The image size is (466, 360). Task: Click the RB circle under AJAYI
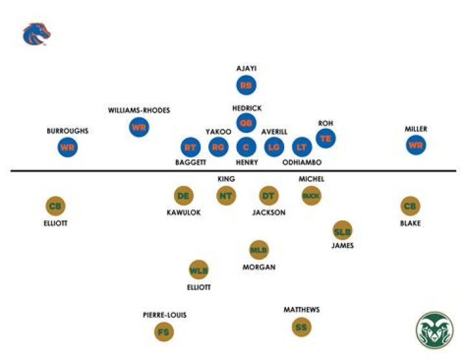click(x=246, y=85)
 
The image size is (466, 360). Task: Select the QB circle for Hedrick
click(x=246, y=122)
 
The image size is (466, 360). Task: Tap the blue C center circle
click(x=246, y=148)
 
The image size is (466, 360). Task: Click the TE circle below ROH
click(x=326, y=138)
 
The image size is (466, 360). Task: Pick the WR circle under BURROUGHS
click(x=67, y=147)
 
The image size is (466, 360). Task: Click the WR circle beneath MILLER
click(x=416, y=145)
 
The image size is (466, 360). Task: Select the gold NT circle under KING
click(x=226, y=195)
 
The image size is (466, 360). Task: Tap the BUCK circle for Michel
click(x=311, y=195)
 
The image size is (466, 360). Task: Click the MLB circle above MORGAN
click(x=259, y=249)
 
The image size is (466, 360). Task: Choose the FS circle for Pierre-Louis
click(x=164, y=332)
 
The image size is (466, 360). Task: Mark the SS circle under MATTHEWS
click(x=301, y=327)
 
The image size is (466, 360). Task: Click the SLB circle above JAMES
click(x=342, y=230)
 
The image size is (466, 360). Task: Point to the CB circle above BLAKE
click(x=410, y=206)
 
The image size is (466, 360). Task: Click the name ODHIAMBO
click(x=302, y=163)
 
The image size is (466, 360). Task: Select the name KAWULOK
click(x=184, y=212)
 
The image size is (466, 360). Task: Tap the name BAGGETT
click(x=190, y=163)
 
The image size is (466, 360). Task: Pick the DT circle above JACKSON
click(x=269, y=195)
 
